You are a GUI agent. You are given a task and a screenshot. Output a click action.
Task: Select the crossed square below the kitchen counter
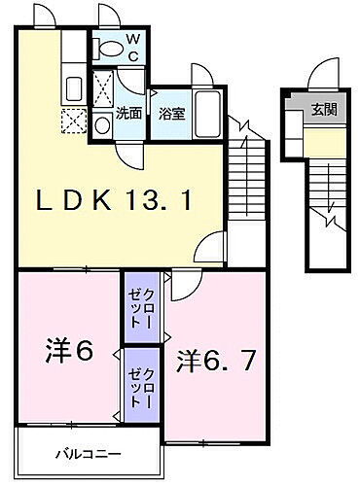point(74,123)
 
